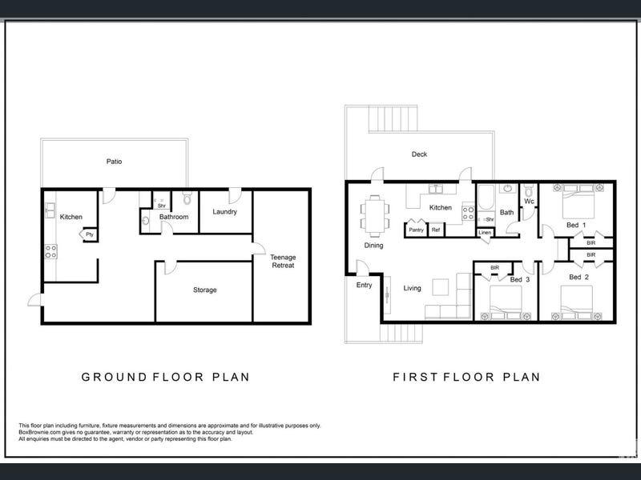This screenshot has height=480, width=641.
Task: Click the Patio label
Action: pyautogui.click(x=114, y=162)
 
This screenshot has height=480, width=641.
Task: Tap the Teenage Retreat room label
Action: pyautogui.click(x=283, y=262)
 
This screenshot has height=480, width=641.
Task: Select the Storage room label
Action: pyautogui.click(x=205, y=290)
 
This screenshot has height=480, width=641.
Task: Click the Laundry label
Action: pyautogui.click(x=224, y=212)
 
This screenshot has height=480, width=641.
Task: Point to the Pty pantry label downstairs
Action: pyautogui.click(x=90, y=234)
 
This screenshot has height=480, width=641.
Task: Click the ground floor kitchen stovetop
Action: pyautogui.click(x=50, y=251)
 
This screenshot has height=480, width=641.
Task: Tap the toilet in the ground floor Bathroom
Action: pyautogui.click(x=187, y=198)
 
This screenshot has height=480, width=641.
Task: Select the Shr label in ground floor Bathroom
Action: pyautogui.click(x=162, y=206)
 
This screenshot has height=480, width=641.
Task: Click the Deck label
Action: pyautogui.click(x=419, y=154)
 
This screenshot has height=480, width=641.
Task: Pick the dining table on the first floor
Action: pyautogui.click(x=375, y=216)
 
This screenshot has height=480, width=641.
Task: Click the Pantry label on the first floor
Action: pyautogui.click(x=416, y=230)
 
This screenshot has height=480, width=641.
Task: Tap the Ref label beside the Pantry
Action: pyautogui.click(x=436, y=230)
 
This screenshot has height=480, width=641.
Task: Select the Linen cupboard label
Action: pyautogui.click(x=485, y=233)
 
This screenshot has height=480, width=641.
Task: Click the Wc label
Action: pyautogui.click(x=529, y=202)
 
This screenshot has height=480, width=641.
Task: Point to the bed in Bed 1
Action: pyautogui.click(x=578, y=202)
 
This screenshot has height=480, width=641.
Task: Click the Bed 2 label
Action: pyautogui.click(x=579, y=277)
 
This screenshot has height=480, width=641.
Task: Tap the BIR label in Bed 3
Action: pyautogui.click(x=494, y=268)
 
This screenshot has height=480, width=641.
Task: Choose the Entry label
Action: pyautogui.click(x=364, y=286)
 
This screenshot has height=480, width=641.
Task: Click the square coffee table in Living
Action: pyautogui.click(x=440, y=287)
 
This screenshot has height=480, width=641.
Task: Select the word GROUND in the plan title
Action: pyautogui.click(x=114, y=377)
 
